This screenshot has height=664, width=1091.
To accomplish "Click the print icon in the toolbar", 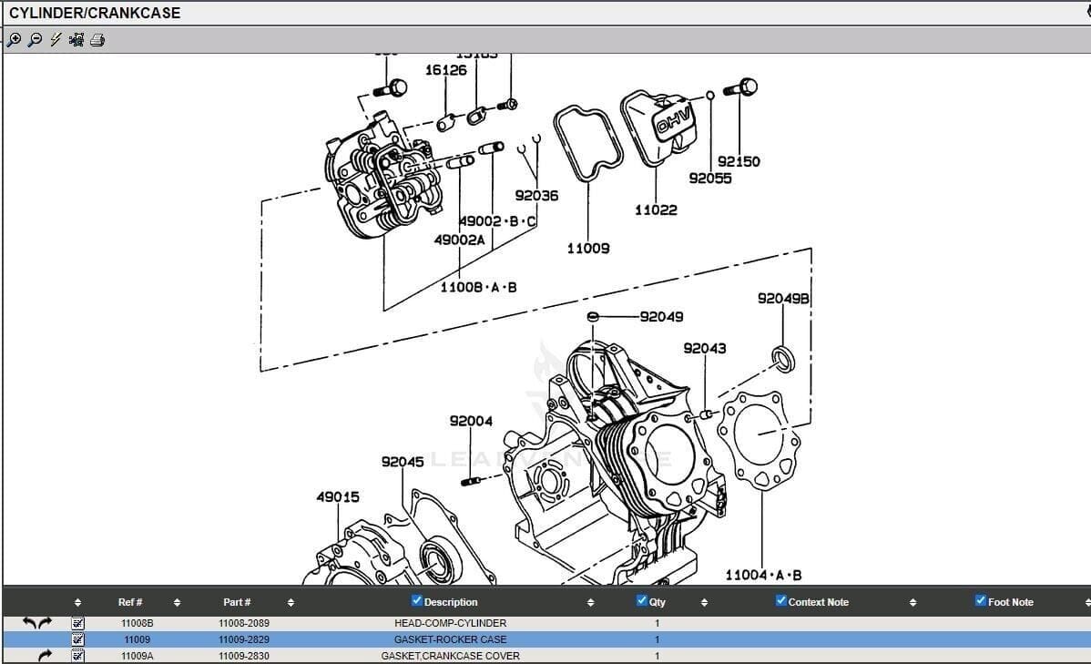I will [97, 40].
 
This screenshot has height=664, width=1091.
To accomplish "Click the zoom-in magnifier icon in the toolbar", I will [15, 40].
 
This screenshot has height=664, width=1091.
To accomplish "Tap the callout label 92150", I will [739, 161].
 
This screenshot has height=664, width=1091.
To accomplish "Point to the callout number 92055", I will [709, 179].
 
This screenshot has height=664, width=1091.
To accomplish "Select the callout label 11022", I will [656, 209].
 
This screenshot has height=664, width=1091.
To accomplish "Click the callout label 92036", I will [536, 195].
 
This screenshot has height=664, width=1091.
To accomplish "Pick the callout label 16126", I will [445, 70].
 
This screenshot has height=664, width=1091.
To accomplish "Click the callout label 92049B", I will [783, 299].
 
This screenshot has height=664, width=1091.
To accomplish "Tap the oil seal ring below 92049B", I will [782, 359].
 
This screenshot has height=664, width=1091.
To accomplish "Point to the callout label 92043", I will [705, 348].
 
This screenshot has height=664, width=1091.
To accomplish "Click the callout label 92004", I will [471, 421].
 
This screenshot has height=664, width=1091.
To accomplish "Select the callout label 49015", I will [338, 497].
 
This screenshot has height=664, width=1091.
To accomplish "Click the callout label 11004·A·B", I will [763, 575].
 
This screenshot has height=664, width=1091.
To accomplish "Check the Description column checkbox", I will [417, 600].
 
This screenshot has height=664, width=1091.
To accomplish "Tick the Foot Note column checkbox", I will [980, 600].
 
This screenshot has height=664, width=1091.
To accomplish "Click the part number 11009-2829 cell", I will [243, 639].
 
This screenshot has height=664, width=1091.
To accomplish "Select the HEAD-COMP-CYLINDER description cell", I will [450, 623].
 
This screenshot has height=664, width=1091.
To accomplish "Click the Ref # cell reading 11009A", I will [137, 656].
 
